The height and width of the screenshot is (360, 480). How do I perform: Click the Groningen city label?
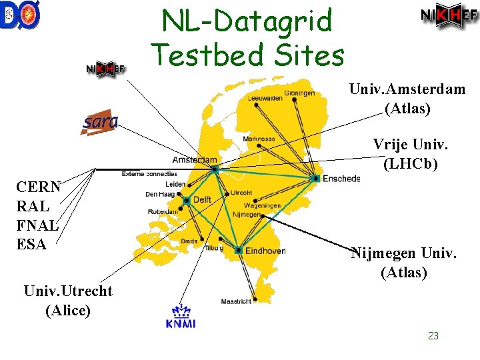click(299, 93)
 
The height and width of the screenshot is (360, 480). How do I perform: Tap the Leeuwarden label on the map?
click(265, 97)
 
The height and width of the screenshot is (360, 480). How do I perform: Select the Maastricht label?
click(237, 301)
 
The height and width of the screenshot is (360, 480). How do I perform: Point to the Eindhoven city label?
click(265, 251)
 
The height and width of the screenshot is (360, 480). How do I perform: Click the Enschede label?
click(341, 179)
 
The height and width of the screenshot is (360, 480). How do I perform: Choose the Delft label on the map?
click(202, 200)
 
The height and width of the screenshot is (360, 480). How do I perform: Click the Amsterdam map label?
click(195, 160)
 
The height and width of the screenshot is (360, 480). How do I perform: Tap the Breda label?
click(189, 241)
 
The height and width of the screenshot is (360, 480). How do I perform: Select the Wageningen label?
click(262, 205)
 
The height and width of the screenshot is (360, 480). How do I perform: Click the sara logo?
click(99, 122)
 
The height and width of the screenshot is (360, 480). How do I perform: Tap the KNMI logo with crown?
click(181, 315)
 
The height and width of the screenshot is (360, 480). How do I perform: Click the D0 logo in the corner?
click(21, 16)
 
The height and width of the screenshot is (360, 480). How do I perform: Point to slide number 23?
click(433, 336)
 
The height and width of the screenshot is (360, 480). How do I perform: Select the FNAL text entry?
click(38, 225)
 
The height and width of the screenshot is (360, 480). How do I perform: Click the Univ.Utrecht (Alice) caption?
click(67, 301)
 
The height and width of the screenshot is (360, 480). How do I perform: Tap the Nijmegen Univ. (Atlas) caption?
click(403, 262)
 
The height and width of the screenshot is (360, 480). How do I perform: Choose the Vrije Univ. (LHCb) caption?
click(410, 153)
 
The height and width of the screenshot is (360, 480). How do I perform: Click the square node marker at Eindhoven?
click(238, 250)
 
